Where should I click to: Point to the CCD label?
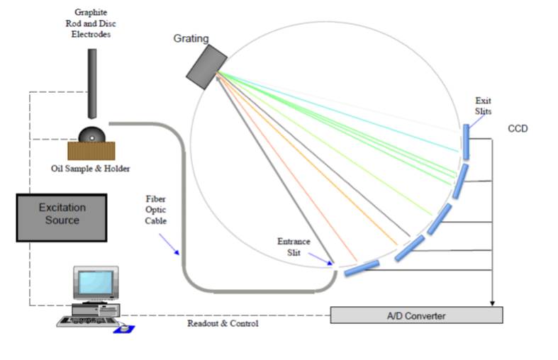[518, 129]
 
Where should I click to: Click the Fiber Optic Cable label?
[155, 210]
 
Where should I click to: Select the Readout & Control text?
[223, 324]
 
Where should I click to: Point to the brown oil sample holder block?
[91, 150]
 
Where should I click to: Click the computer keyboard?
[89, 320]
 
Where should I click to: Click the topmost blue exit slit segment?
[465, 142]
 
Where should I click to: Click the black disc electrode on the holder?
[92, 134]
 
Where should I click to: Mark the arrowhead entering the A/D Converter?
[492, 303]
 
